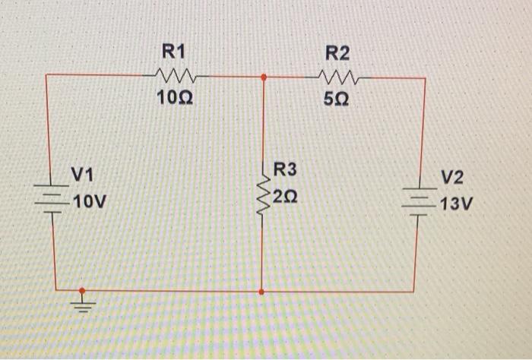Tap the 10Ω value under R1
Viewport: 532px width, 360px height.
[x=174, y=98]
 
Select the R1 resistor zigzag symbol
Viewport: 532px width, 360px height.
[x=176, y=75]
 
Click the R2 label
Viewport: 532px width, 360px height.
[x=337, y=52]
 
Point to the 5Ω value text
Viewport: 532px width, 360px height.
[x=337, y=99]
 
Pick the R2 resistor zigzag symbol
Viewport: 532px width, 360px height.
[x=337, y=76]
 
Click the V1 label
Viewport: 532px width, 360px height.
[x=81, y=176]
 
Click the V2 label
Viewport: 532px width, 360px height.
[x=451, y=177]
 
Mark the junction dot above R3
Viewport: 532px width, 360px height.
[x=263, y=77]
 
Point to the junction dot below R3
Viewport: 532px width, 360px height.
[x=262, y=291]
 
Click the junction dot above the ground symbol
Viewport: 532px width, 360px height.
[x=83, y=290]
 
